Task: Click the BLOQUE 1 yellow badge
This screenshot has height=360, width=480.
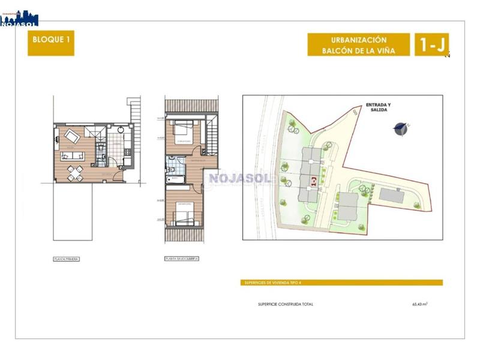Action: pos(51,43)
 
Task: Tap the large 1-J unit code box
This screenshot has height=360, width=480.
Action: pos(431,44)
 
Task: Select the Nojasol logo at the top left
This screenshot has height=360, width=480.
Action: pos(19,18)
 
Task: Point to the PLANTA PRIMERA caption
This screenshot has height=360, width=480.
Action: pos(66,259)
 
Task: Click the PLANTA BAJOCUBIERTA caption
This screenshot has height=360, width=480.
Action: pos(182,259)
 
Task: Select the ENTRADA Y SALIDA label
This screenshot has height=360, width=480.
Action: pos(378,107)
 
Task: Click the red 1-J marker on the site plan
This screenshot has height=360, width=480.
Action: pos(313,181)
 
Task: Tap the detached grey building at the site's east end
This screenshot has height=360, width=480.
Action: pos(393,195)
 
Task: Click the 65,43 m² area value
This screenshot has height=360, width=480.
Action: pos(419,304)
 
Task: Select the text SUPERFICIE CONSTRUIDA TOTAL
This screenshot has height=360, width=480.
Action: pos(286,304)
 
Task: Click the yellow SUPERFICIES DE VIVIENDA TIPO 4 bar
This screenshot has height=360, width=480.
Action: pos(343,283)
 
